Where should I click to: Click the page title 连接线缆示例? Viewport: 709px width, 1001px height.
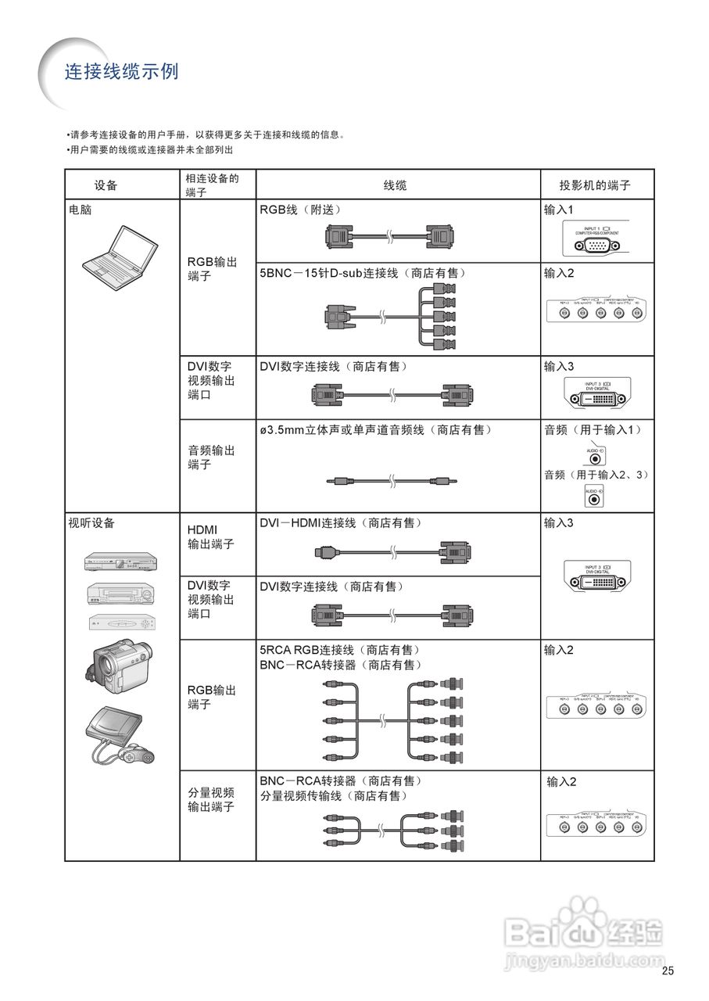coord(121,72)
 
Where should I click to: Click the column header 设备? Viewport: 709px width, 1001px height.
coord(106,185)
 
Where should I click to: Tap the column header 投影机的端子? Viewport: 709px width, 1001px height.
coord(595,185)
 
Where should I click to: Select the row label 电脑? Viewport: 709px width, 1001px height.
coord(80,210)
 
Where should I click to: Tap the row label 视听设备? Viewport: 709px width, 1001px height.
coord(91,523)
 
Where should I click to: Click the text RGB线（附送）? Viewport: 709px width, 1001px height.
coord(300,210)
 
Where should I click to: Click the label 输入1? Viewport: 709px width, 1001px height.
coord(559,210)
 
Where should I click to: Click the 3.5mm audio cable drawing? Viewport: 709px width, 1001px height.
coord(391,482)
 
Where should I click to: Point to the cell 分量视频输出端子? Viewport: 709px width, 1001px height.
coord(211,799)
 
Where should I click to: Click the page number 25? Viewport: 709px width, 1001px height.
coord(667,971)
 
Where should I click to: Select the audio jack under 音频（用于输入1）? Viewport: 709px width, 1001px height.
coord(597,459)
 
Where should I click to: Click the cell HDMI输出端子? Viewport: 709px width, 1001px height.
coord(211,536)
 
